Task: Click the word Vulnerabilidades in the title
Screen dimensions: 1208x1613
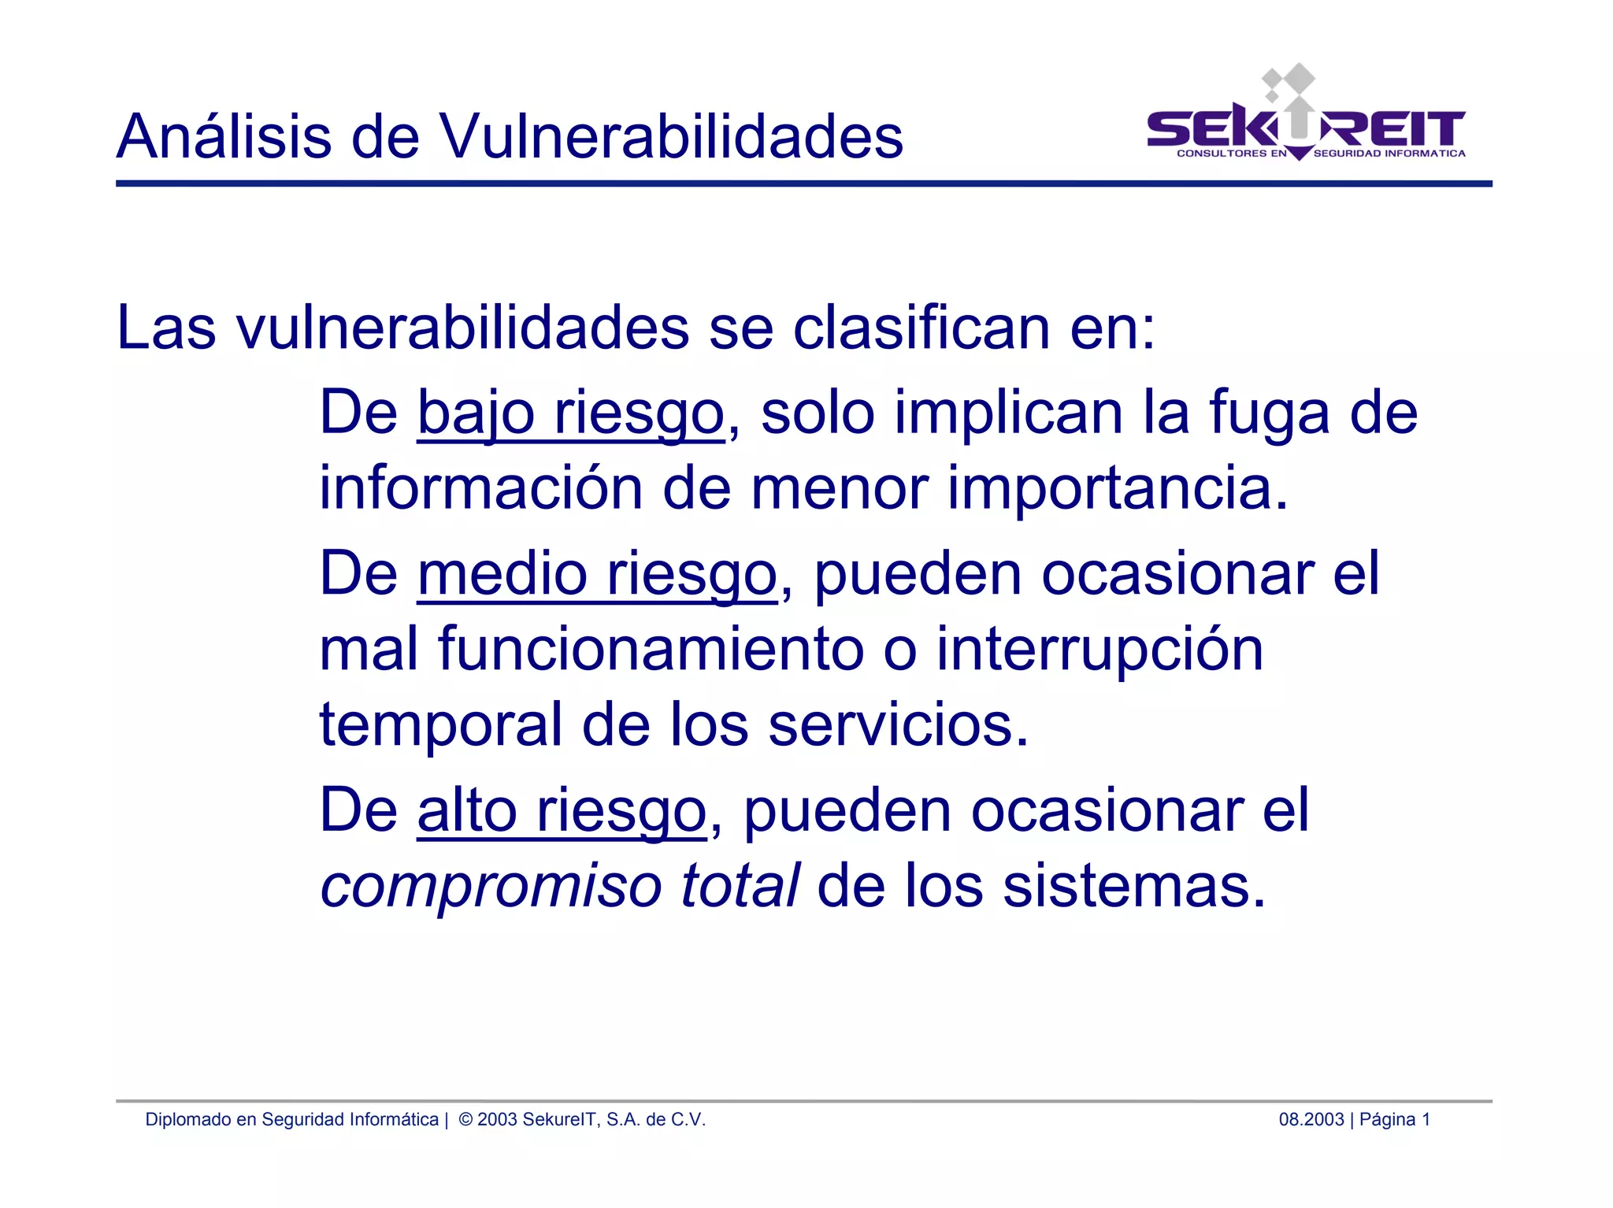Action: pos(670,136)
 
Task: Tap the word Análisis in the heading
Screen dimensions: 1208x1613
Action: pos(224,136)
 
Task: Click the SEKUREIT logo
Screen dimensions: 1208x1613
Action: pos(1306,126)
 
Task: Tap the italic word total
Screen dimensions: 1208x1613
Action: pos(740,884)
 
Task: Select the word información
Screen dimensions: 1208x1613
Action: pos(480,487)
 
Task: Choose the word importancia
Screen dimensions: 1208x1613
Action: pos(1116,489)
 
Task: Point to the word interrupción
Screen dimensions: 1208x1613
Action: pos(1099,650)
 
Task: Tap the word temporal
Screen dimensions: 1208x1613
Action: pos(440,725)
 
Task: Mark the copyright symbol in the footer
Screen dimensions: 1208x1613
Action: pos(465,1119)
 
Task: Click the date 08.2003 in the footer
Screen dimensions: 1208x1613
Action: pos(1311,1119)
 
